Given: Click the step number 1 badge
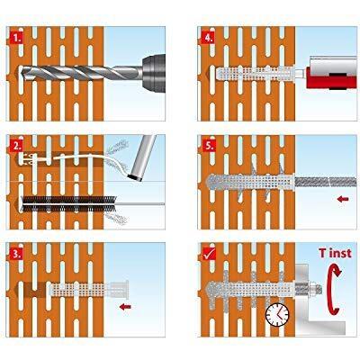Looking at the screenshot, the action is coord(15,38).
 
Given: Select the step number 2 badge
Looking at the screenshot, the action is coord(15,146).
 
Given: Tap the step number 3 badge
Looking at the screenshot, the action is coord(15,254).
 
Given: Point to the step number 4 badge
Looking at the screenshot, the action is coord(209,38).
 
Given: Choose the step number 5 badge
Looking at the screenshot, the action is coord(209,146).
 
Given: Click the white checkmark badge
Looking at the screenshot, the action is coord(209,254).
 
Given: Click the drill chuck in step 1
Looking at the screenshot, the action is coord(154,73).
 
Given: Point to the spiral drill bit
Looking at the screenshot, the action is coord(80,73).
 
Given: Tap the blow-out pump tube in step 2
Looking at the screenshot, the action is coord(143,157).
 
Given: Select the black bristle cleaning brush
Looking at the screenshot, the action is coord(69,204).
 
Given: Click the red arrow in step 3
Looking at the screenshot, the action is coord(125,307).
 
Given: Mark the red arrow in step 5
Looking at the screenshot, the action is coord(343,199).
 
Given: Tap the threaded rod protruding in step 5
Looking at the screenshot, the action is coord(326,182).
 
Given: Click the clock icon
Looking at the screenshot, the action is coord(277,315).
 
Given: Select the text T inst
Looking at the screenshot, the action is coord(335,253).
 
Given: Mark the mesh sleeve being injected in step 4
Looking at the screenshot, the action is coord(255,74).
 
